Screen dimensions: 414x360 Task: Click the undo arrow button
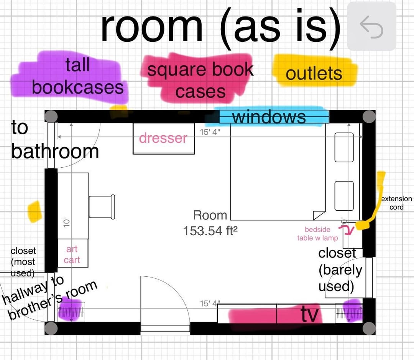pos(371,27)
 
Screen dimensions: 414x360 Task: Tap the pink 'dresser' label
pos(163,138)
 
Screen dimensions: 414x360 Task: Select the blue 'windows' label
pos(269,117)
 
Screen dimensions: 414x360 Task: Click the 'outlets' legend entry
pos(314,73)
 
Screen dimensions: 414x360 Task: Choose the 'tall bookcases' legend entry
pos(77,76)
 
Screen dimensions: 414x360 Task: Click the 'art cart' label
pos(72,254)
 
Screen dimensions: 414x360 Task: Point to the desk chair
pos(102,207)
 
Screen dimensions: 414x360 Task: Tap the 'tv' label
pos(309,314)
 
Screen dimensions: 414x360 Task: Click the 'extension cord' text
pos(397,203)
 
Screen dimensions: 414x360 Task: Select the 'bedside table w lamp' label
pos(318,234)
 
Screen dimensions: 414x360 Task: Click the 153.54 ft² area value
pos(210,231)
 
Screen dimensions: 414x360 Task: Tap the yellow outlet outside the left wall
pos(34,211)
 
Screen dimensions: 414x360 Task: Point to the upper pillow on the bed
pos(344,147)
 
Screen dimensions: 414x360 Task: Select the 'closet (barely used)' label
pos(340,270)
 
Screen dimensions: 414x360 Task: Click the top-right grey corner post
pos(369,117)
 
